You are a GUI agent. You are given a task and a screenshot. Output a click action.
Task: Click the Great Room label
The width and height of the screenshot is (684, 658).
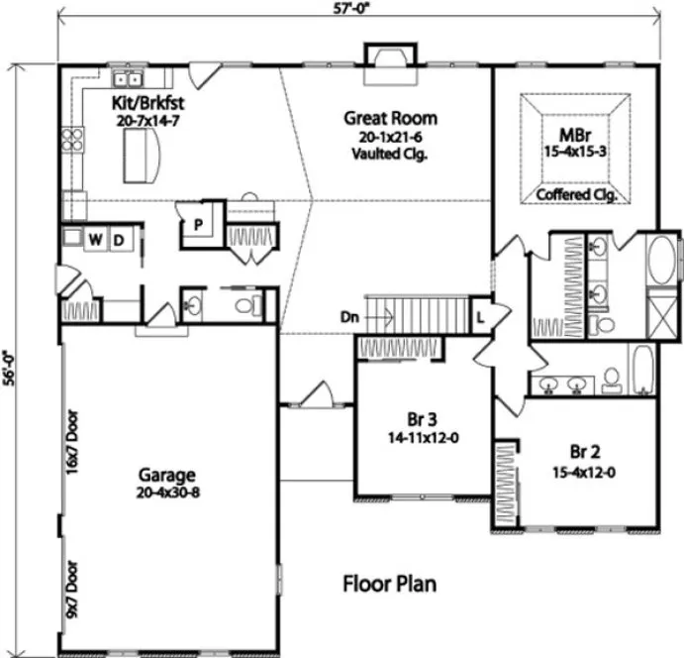tap(390, 118)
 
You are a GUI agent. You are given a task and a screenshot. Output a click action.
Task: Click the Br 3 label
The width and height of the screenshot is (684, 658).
tap(423, 416)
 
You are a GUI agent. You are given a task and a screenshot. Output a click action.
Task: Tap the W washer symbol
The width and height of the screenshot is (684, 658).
tap(96, 240)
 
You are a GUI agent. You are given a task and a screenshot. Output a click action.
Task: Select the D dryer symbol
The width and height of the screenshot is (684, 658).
tap(118, 240)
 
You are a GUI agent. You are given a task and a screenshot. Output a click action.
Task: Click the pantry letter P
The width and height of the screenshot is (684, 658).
tap(198, 224)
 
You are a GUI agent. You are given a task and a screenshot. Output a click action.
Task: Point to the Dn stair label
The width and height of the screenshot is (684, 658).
tap(348, 318)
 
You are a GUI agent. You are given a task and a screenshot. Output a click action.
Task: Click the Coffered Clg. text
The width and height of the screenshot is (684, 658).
tap(576, 195)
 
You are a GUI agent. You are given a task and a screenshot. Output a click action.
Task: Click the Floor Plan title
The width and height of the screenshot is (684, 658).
tap(389, 583)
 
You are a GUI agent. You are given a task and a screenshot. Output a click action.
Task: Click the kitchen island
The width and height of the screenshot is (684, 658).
tap(145, 157)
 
